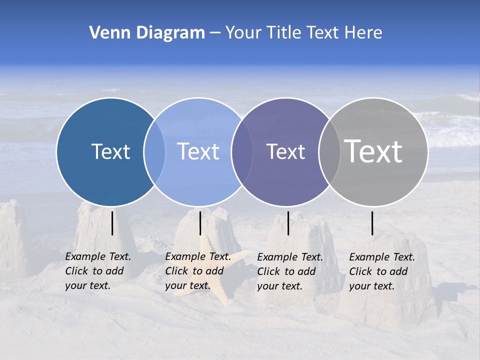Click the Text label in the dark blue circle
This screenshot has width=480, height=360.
tap(110, 151)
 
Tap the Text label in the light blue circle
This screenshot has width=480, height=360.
tap(198, 151)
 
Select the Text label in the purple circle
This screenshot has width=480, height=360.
tap(285, 151)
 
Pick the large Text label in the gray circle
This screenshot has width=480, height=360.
tap(373, 151)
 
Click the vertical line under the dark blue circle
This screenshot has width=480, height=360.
tap(112, 223)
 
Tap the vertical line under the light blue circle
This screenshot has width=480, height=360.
tap(200, 223)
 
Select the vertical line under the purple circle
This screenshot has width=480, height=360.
tap(288, 223)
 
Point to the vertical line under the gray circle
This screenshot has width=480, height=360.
tap(372, 223)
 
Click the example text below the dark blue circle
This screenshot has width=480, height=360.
tap(98, 271)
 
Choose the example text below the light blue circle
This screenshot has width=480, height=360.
tap(198, 271)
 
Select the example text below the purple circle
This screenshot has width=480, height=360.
tap(290, 271)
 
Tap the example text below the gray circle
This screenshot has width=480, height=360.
tap(382, 271)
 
